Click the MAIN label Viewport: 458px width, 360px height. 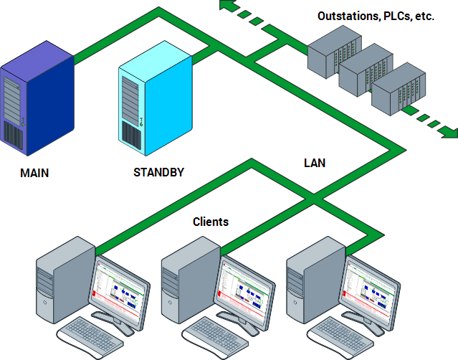coord(34,173)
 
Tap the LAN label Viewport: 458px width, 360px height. coord(314,163)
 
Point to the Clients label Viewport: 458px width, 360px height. coord(211,222)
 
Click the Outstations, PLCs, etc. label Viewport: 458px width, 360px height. coord(376,15)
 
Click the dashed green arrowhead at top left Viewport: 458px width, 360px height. coord(229,6)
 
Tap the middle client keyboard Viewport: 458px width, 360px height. coord(217,337)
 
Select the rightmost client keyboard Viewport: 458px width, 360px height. coord(342,337)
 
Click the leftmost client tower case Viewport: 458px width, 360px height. coord(65,284)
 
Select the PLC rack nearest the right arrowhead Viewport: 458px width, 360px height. coord(396,87)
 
